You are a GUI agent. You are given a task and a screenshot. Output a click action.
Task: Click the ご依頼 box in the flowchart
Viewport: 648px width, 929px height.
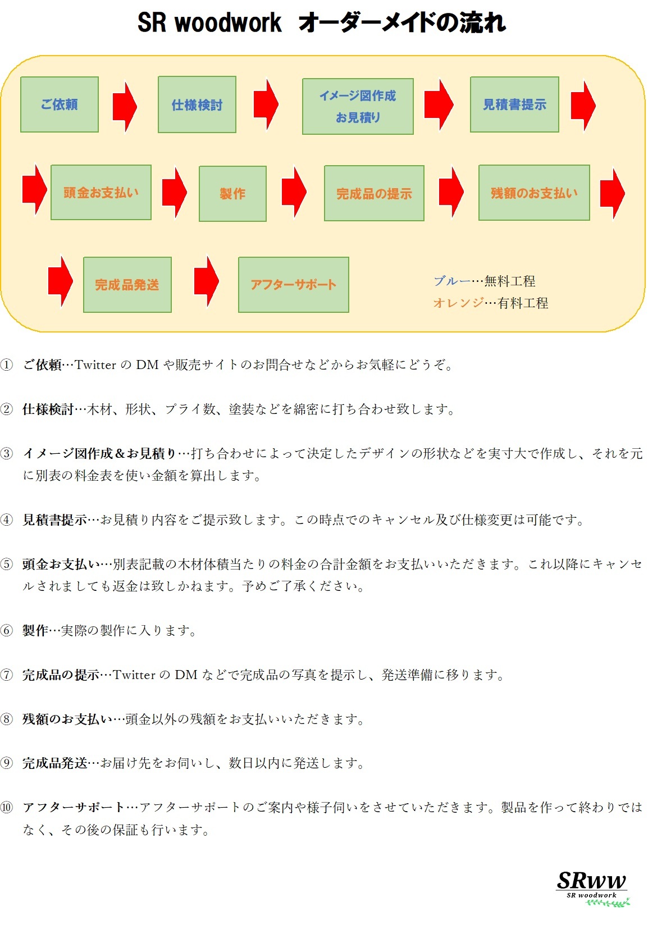pyautogui.click(x=60, y=104)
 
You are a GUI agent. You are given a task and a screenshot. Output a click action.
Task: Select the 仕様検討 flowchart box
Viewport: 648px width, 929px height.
pyautogui.click(x=197, y=105)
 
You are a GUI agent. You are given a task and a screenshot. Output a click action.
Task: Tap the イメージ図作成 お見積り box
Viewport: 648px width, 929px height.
pyautogui.click(x=358, y=106)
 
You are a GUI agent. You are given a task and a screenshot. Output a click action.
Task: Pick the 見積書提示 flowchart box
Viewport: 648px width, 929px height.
pyautogui.click(x=514, y=104)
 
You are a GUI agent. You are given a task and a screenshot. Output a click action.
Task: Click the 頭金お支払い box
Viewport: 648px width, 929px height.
pyautogui.click(x=101, y=193)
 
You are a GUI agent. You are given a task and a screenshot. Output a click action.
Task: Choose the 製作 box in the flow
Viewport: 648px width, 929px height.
pyautogui.click(x=232, y=194)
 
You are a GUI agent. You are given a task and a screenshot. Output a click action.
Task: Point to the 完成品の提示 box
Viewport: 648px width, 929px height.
pyautogui.click(x=374, y=194)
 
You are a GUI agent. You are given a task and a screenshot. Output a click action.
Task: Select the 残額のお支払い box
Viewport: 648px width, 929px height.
pyautogui.click(x=534, y=193)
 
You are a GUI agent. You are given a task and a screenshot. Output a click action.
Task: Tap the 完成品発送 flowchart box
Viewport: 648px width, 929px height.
pyautogui.click(x=127, y=285)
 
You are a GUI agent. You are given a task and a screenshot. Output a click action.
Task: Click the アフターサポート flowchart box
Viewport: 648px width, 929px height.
pyautogui.click(x=293, y=285)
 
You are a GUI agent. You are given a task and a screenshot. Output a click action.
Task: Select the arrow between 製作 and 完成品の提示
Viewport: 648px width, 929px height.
pyautogui.click(x=294, y=192)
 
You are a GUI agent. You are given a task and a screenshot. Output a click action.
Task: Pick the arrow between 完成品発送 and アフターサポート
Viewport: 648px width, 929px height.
pyautogui.click(x=206, y=281)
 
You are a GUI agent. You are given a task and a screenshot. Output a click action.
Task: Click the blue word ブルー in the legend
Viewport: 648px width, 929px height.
pyautogui.click(x=451, y=281)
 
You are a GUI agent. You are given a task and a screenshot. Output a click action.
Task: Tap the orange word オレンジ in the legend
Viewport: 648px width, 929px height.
pyautogui.click(x=458, y=303)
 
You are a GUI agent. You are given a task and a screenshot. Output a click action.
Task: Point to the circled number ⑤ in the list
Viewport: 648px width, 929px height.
pyautogui.click(x=7, y=564)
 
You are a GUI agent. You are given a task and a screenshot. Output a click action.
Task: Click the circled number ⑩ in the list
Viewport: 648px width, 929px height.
pyautogui.click(x=7, y=808)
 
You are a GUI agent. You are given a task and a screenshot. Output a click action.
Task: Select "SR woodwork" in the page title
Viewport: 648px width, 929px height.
pyautogui.click(x=209, y=23)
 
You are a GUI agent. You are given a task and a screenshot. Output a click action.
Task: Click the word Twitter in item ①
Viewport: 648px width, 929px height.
pyautogui.click(x=95, y=365)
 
